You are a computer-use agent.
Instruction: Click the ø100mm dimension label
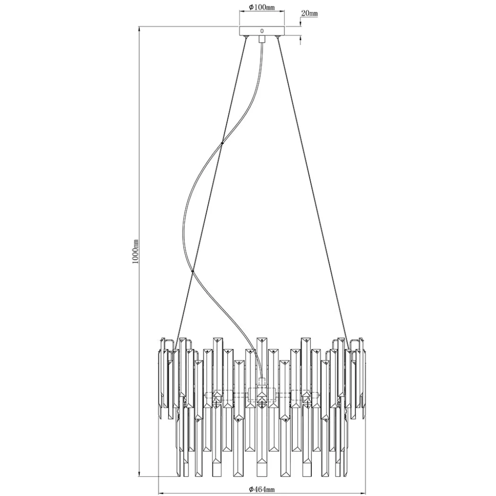(262, 7)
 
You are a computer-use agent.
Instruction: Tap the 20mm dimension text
(309, 13)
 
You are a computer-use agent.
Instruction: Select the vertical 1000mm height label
(136, 251)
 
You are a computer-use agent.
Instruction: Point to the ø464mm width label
(262, 490)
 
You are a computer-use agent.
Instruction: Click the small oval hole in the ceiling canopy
(262, 31)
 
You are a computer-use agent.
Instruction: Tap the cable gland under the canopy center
(262, 39)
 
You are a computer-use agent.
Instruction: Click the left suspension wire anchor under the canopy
(246, 37)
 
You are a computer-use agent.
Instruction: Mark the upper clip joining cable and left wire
(222, 143)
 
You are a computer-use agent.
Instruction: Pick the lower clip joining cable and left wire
(192, 271)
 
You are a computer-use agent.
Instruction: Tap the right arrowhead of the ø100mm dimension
(282, 11)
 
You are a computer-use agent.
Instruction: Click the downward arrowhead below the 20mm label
(300, 24)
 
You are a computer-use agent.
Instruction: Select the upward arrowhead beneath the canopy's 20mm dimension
(300, 39)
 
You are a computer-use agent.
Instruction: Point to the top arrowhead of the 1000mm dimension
(139, 30)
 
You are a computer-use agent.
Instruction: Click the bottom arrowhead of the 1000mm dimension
(139, 473)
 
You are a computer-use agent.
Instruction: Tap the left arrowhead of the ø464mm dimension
(161, 493)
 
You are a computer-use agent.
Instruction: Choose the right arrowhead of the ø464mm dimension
(363, 493)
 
